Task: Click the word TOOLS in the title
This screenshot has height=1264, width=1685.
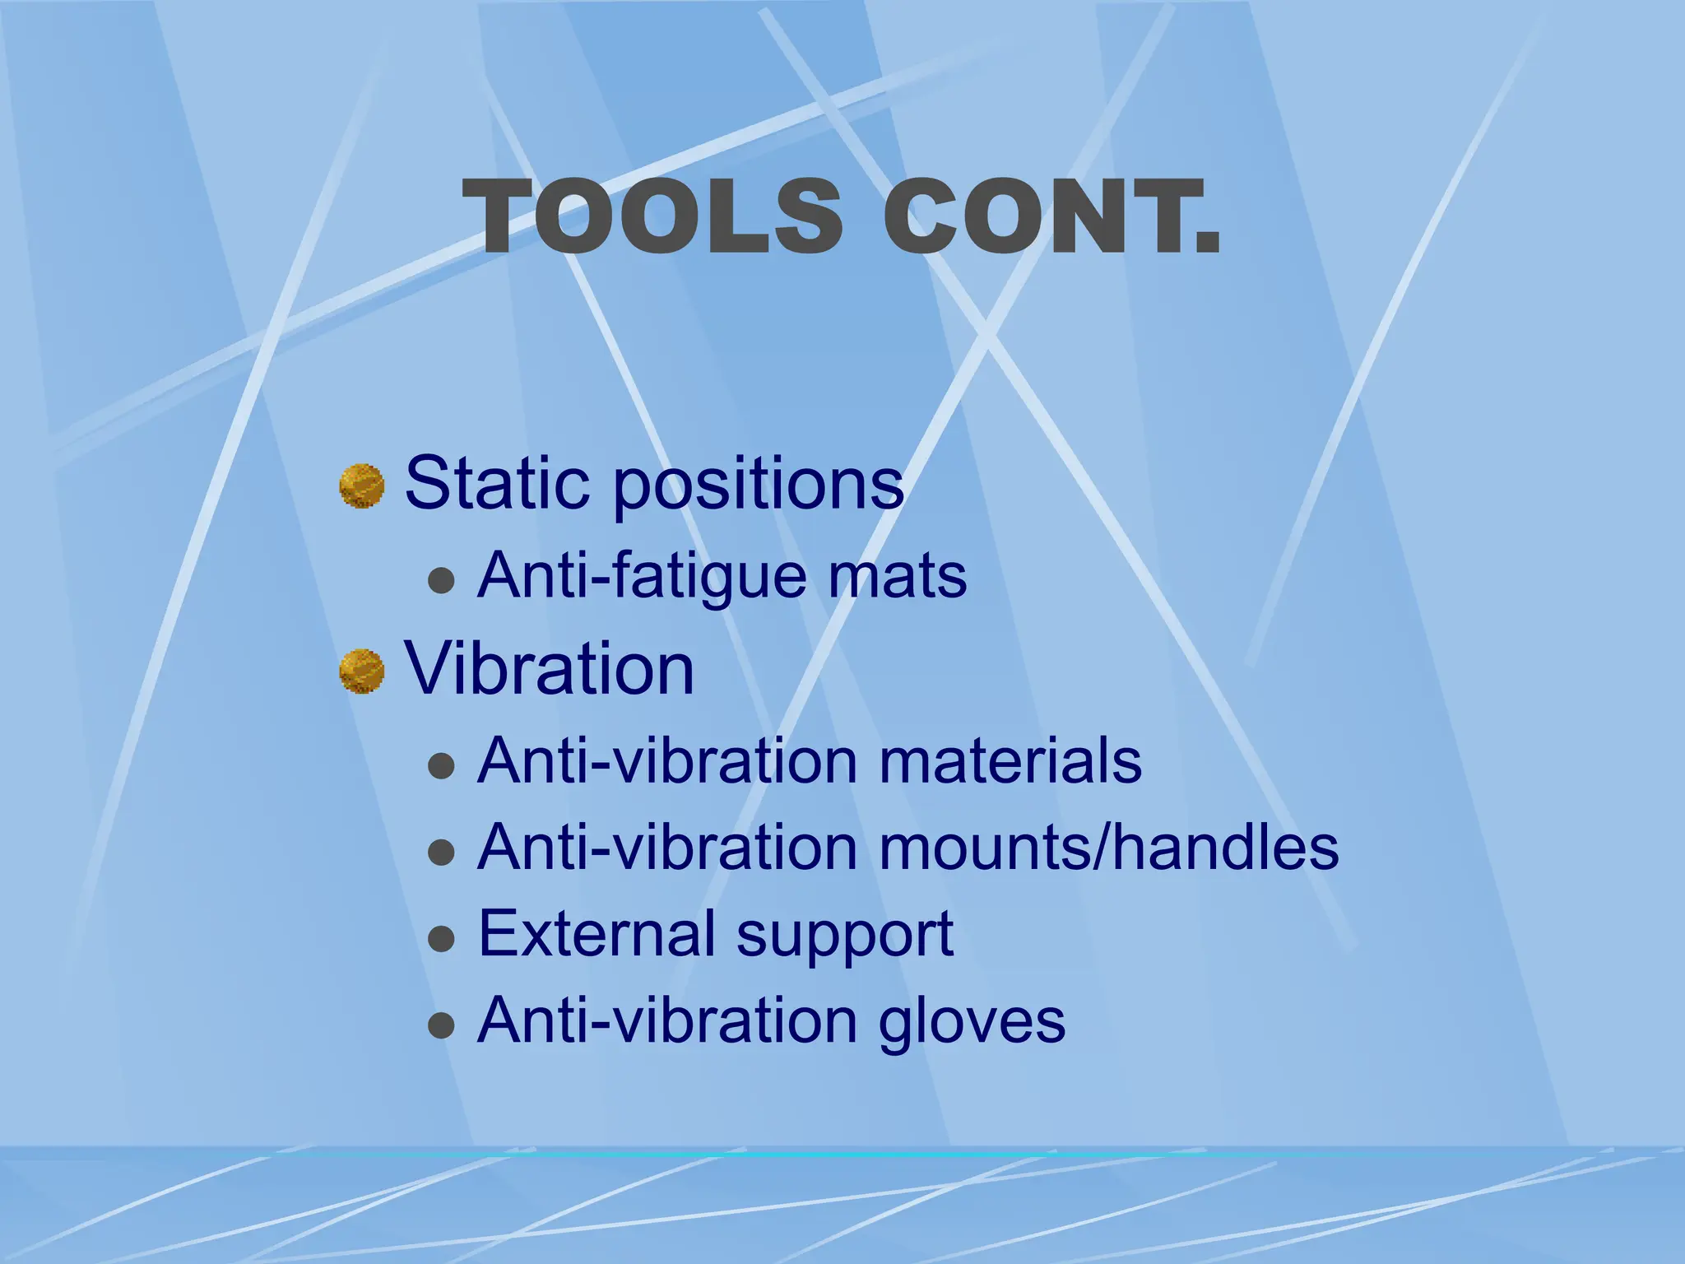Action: pyautogui.click(x=654, y=217)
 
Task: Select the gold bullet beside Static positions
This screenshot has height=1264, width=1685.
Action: pyautogui.click(x=362, y=486)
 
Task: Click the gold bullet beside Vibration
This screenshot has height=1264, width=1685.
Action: pyautogui.click(x=362, y=671)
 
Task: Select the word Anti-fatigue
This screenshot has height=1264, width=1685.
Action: pyautogui.click(x=642, y=576)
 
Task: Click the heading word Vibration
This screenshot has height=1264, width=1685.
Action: pyautogui.click(x=550, y=668)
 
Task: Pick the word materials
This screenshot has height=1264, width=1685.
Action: pyautogui.click(x=1010, y=760)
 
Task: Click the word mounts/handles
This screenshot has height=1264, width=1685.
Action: pyautogui.click(x=1109, y=848)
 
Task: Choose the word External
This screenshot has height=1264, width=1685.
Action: pyautogui.click(x=596, y=933)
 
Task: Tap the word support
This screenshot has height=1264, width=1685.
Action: pyautogui.click(x=845, y=936)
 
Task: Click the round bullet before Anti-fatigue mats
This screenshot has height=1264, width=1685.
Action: pyautogui.click(x=442, y=581)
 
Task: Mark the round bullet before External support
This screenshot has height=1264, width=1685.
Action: pyautogui.click(x=442, y=938)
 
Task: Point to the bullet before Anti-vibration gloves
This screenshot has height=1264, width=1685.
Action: pyautogui.click(x=442, y=1025)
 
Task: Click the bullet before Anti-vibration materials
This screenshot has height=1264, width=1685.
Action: pyautogui.click(x=442, y=765)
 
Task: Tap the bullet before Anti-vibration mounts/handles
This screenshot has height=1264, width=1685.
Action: pyautogui.click(x=442, y=853)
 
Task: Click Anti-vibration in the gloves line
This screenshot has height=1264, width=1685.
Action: pyautogui.click(x=668, y=1020)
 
